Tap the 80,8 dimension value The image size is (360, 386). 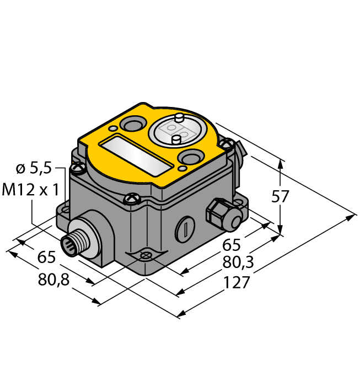[x=53, y=280]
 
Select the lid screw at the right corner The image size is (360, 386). [x=224, y=144]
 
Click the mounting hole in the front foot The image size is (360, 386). [x=145, y=255]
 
